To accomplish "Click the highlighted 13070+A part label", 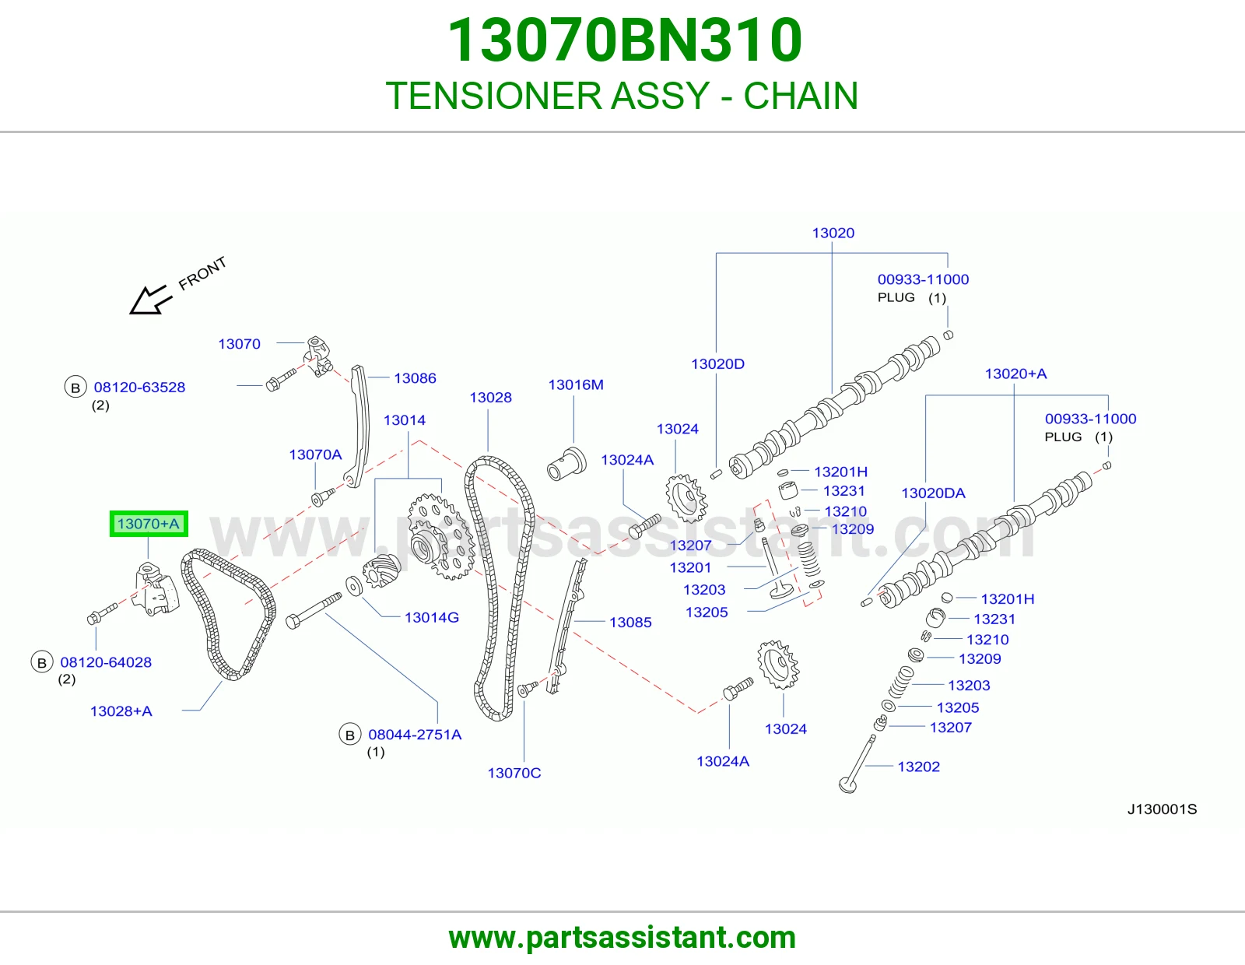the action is pyautogui.click(x=149, y=524).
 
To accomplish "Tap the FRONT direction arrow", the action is pyautogui.click(x=151, y=300).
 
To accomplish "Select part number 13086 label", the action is pyautogui.click(x=415, y=378).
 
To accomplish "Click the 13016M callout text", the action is pyautogui.click(x=576, y=384).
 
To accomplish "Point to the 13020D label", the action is pyautogui.click(x=717, y=364).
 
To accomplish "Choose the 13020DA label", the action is pyautogui.click(x=933, y=493).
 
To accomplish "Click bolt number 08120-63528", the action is pyautogui.click(x=139, y=388).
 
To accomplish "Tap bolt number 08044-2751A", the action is pyautogui.click(x=415, y=735).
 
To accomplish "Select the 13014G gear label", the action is pyautogui.click(x=431, y=617).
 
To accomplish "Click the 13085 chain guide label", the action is pyautogui.click(x=630, y=623).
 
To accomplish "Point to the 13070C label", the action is pyautogui.click(x=514, y=773).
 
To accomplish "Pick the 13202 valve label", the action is pyautogui.click(x=918, y=767).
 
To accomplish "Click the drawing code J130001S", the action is pyautogui.click(x=1162, y=809).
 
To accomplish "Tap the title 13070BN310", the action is pyautogui.click(x=624, y=40).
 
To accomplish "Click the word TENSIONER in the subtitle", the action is pyautogui.click(x=494, y=96).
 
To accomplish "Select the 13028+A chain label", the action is pyautogui.click(x=121, y=711).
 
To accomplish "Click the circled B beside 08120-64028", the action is pyautogui.click(x=42, y=662).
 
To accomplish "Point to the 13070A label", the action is pyautogui.click(x=315, y=454).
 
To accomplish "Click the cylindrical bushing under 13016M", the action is pyautogui.click(x=566, y=464).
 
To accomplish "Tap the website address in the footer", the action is pyautogui.click(x=622, y=938).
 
